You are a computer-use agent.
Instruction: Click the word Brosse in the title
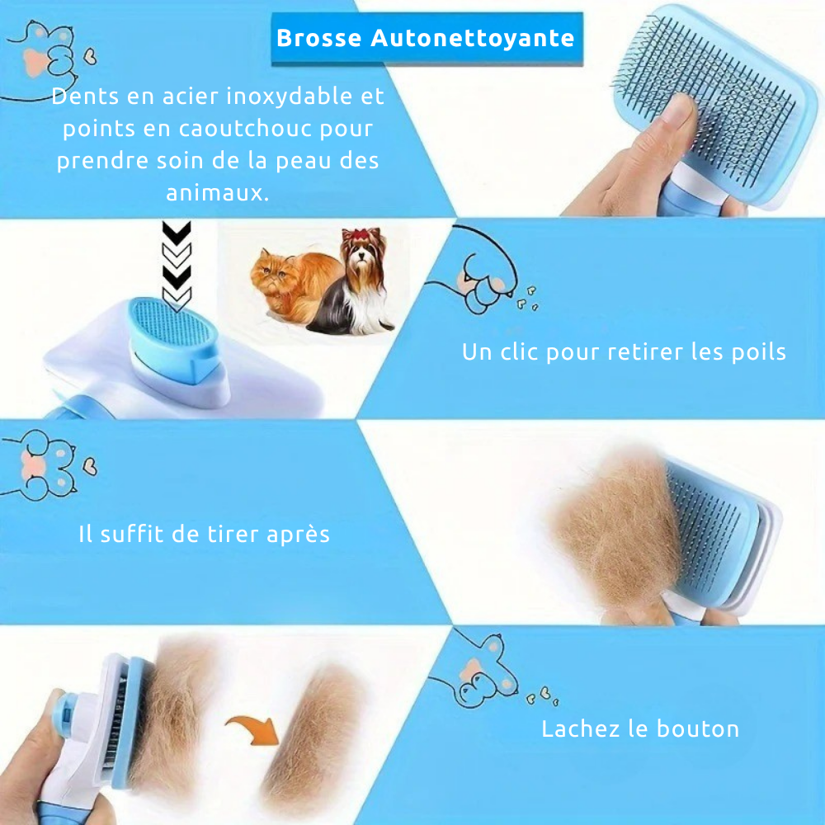tap(318, 38)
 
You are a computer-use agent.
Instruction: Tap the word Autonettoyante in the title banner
tap(473, 39)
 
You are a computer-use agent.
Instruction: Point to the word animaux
tap(217, 192)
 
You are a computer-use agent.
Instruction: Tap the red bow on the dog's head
tap(362, 234)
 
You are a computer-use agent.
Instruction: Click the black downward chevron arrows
tap(177, 265)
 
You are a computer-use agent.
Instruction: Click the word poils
tap(759, 352)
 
